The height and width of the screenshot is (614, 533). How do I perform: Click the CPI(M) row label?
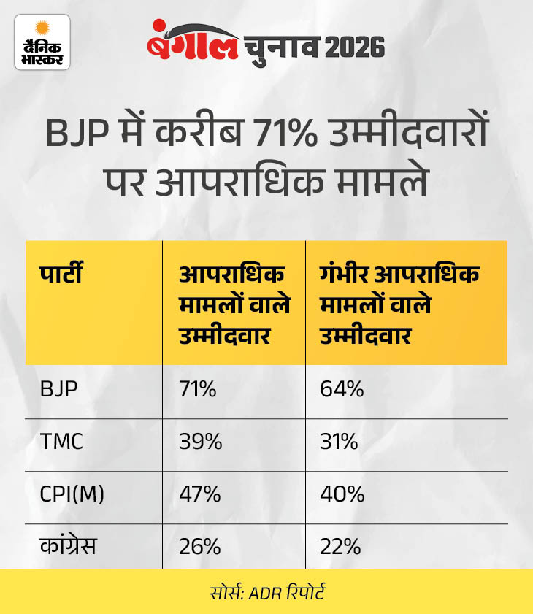72,495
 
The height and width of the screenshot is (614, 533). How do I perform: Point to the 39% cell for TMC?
200,442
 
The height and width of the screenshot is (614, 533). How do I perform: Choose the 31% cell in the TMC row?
340,442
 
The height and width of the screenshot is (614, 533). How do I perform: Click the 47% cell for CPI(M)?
200,495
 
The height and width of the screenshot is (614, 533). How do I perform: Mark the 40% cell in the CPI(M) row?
342,495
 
